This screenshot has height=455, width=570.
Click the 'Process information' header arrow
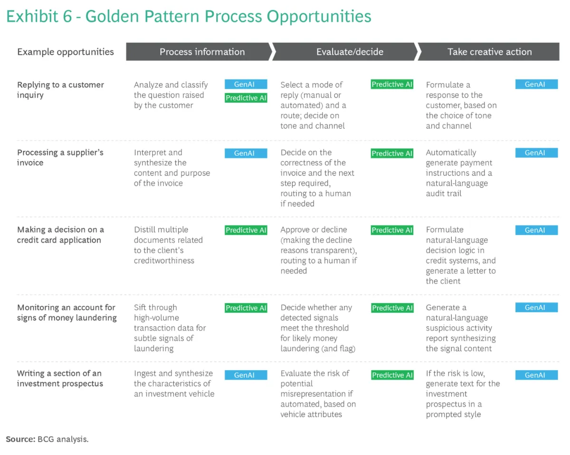199,52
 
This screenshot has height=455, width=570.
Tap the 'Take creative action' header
489,52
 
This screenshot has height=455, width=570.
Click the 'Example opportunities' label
66,52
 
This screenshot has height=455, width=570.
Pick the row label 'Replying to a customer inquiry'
60,90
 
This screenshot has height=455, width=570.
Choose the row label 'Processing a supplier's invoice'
60,158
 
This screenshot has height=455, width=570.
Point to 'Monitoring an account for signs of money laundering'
67,312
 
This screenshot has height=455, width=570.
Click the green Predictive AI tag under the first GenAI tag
246,98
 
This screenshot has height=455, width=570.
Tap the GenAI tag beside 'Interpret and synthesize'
246,153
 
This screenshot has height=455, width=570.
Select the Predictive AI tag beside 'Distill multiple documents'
246,230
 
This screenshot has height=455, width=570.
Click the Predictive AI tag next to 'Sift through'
246,308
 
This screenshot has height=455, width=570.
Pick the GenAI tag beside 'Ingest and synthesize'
246,375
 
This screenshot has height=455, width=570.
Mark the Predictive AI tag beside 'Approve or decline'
392,230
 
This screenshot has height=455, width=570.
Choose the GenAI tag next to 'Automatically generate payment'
537,153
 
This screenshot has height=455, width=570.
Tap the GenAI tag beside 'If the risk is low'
537,375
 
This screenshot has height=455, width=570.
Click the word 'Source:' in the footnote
20,439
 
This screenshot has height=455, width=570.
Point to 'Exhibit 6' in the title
39,17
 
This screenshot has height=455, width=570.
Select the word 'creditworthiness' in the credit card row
164,260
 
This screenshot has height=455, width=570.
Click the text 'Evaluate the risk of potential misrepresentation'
316,383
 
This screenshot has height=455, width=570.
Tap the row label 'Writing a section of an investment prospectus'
60,379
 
